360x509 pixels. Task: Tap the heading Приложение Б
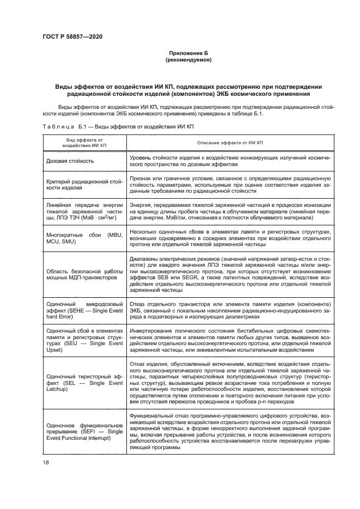pos(187,53)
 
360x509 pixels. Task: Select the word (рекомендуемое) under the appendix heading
pos(187,60)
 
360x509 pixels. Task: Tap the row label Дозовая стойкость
pos(70,161)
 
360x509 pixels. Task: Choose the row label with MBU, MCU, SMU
pos(84,238)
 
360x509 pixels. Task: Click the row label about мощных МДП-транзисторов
pos(84,274)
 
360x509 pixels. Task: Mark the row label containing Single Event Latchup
pos(84,383)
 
